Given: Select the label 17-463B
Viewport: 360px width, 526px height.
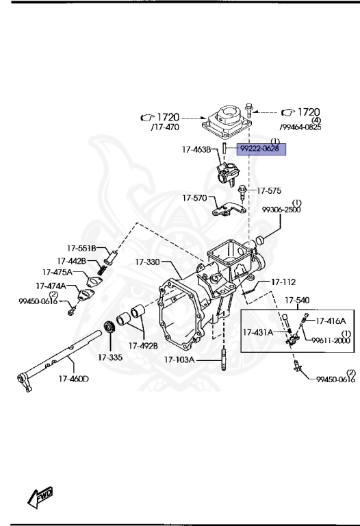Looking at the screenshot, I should (198, 149).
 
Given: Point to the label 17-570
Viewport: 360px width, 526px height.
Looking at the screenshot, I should (194, 198).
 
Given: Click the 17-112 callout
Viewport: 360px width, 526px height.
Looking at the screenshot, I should (283, 281).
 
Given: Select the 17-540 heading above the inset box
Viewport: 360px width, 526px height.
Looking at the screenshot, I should (296, 300).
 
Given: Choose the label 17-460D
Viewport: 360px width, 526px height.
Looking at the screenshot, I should (74, 377).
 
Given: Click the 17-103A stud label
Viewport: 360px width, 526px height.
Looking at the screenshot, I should (180, 359).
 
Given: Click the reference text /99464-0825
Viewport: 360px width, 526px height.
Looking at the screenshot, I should (300, 127).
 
